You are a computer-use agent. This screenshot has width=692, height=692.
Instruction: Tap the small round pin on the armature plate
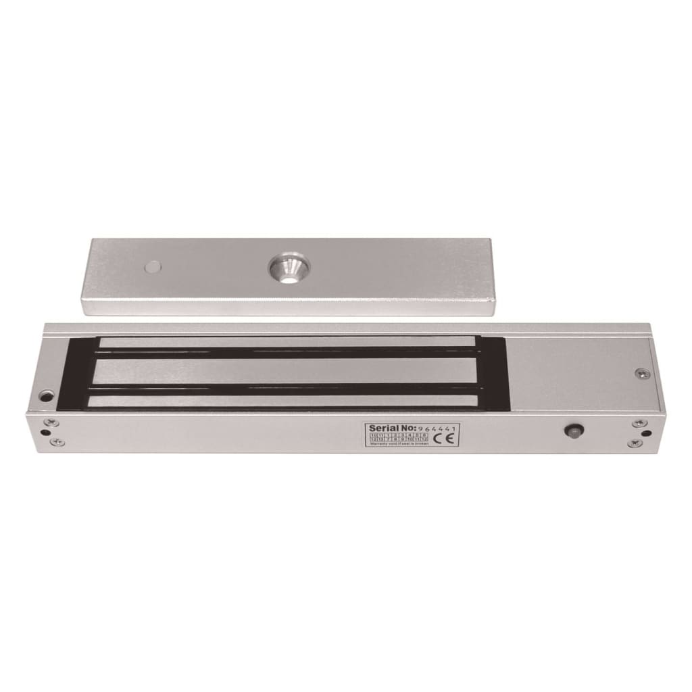(x=153, y=267)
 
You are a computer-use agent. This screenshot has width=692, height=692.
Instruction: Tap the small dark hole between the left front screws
(x=45, y=433)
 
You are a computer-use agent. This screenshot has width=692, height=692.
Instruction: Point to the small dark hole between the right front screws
(x=647, y=434)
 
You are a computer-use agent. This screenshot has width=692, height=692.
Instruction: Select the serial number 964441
(x=438, y=428)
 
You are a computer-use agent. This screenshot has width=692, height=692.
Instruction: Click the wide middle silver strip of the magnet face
(x=287, y=370)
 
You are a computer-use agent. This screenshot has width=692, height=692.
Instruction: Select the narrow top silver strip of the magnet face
(x=287, y=343)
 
